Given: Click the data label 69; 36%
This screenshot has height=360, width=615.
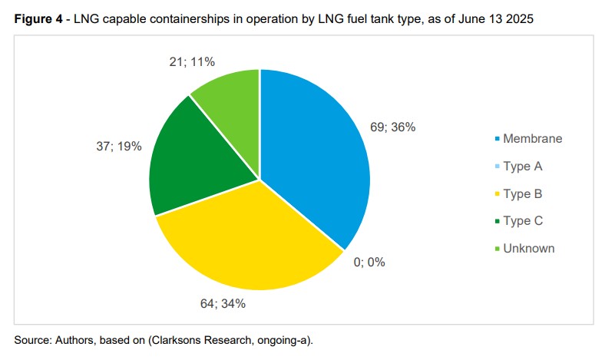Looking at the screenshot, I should pos(393,127).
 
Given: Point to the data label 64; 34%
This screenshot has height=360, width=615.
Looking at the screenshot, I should pos(223,303).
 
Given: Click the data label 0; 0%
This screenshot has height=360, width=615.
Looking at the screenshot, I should pos(369,263).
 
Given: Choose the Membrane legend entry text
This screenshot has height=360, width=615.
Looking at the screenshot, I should pos(533,139).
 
